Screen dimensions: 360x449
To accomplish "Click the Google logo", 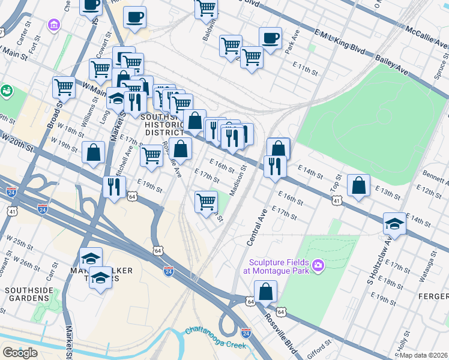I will click(x=20, y=353).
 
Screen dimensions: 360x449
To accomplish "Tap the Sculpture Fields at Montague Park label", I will click(x=277, y=267).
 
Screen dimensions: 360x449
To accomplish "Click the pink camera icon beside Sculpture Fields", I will click(x=318, y=265).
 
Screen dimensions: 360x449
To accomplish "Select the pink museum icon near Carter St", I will click(x=55, y=25).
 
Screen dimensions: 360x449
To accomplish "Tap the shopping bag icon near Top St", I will click(x=358, y=185).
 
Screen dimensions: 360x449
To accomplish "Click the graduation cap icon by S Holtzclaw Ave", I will click(x=394, y=223).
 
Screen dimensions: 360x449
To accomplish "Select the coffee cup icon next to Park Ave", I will click(x=270, y=38).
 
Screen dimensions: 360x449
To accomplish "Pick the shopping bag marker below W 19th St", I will click(x=94, y=152).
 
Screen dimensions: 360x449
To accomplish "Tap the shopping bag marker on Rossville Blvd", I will click(x=265, y=292).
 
